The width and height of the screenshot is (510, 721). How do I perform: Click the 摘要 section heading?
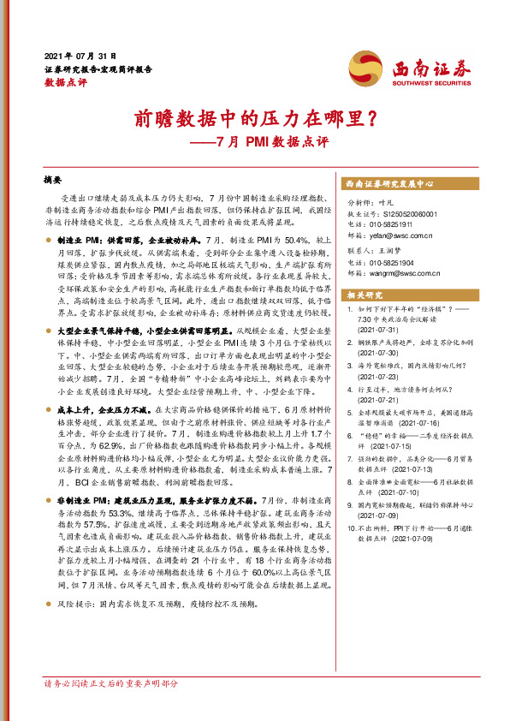pyautogui.click(x=53, y=181)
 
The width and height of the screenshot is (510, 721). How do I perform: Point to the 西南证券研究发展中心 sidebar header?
pyautogui.click(x=390, y=183)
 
